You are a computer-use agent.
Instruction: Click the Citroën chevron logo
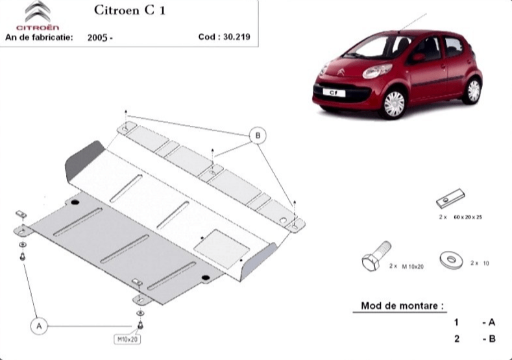tap(38, 12)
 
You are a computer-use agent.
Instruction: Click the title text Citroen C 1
tap(130, 10)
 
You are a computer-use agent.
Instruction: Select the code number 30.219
tap(237, 36)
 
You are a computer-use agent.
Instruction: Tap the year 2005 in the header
tap(97, 38)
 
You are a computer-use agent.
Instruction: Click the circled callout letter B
tap(258, 136)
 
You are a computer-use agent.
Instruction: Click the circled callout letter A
tap(39, 326)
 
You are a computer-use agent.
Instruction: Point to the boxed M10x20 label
tap(127, 339)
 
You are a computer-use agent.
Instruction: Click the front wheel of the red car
tap(394, 104)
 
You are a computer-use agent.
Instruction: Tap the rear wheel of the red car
tap(472, 91)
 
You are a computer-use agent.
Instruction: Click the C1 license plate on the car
tap(334, 93)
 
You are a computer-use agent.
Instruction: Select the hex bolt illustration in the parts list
tap(376, 256)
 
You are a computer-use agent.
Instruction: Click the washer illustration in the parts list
tap(451, 260)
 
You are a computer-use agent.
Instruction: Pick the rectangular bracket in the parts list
tap(450, 198)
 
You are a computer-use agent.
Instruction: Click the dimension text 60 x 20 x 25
tap(468, 217)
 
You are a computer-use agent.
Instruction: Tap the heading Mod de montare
tap(402, 306)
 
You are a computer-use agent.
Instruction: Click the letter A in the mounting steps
tap(492, 323)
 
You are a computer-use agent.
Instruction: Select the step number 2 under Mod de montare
tap(457, 339)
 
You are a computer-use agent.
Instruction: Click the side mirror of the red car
tap(419, 58)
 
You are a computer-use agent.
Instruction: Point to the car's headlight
tap(376, 71)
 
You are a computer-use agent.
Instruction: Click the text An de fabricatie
tap(39, 37)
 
